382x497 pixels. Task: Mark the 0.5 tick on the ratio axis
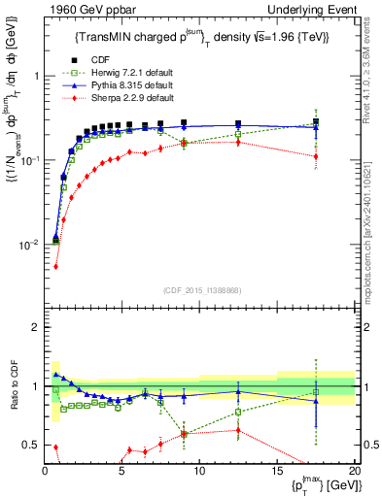click(x=31, y=445)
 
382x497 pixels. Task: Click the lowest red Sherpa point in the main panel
click(x=55, y=266)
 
